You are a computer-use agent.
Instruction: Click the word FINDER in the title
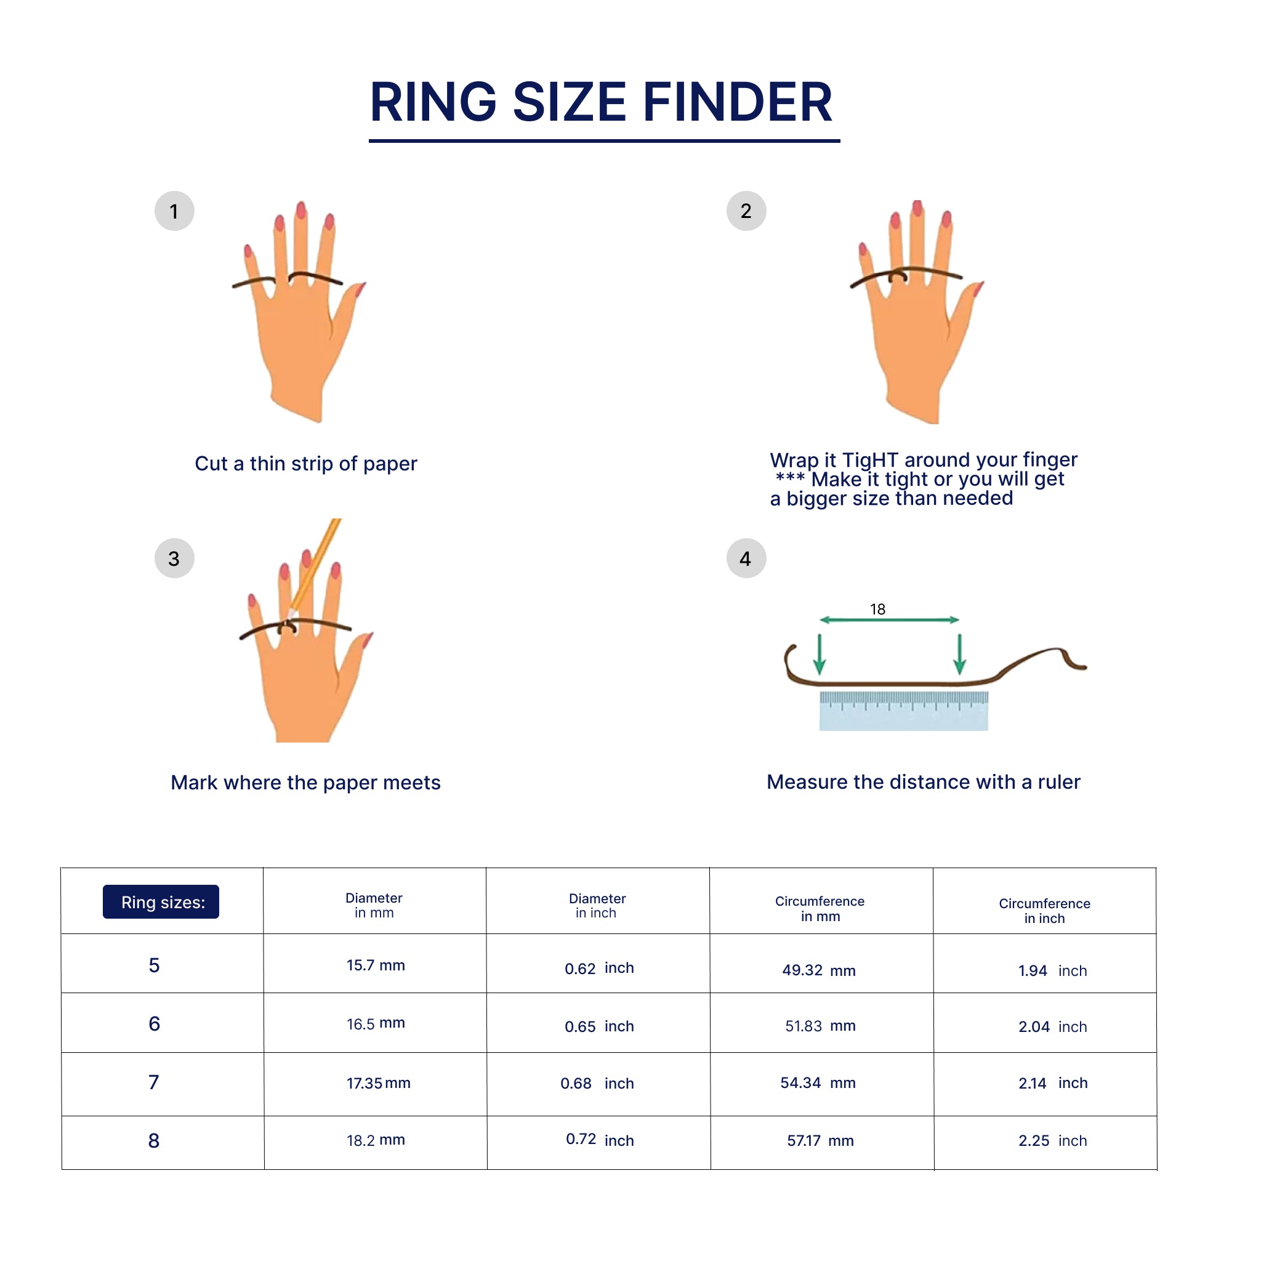point(738,102)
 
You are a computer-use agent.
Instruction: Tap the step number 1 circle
point(174,211)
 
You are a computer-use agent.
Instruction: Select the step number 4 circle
point(746,558)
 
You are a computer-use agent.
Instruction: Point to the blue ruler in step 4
point(903,711)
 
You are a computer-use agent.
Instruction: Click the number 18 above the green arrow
point(877,609)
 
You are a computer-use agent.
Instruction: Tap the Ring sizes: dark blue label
point(161,901)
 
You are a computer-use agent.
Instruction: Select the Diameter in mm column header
point(374,904)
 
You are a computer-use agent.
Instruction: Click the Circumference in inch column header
point(1044,911)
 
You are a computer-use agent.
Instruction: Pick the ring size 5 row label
point(154,965)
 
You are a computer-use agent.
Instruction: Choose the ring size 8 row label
point(154,1140)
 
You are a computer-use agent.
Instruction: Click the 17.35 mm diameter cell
point(379,1083)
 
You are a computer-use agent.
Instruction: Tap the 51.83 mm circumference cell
point(820,1025)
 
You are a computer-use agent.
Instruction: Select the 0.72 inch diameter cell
point(600,1140)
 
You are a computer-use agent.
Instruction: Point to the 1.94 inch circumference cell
point(1053,970)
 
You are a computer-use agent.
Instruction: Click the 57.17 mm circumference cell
point(820,1140)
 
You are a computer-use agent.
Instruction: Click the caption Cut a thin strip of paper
point(305,464)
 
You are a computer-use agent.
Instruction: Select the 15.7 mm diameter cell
point(376,965)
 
